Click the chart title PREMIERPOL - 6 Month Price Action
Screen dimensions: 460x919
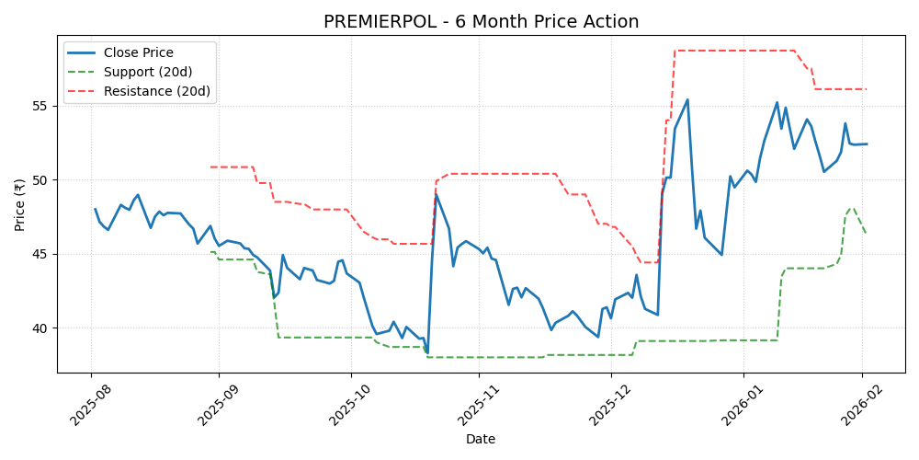pyautogui.click(x=481, y=22)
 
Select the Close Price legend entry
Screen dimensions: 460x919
pyautogui.click(x=138, y=52)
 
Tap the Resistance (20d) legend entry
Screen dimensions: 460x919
pyautogui.click(x=156, y=91)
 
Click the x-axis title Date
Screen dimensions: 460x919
pyautogui.click(x=481, y=439)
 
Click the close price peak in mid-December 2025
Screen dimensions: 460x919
pyautogui.click(x=687, y=99)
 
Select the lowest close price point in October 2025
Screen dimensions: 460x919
pyautogui.click(x=427, y=352)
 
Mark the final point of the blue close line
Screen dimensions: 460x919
pyautogui.click(x=867, y=144)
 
